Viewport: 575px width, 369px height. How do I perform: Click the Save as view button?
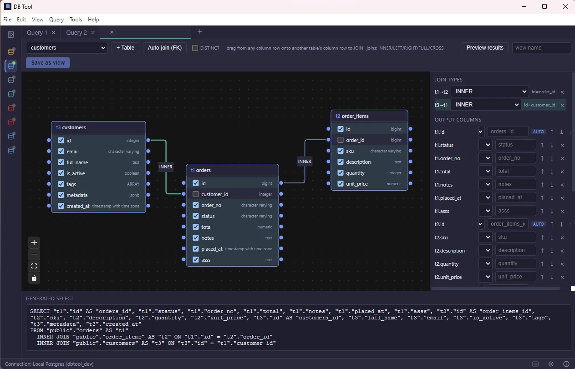[48, 63]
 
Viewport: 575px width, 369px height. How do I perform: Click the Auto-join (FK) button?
[164, 48]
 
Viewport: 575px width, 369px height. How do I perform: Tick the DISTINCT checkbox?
[195, 48]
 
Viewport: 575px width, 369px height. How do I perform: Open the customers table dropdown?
[67, 48]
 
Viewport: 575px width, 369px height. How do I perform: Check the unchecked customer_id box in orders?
[196, 194]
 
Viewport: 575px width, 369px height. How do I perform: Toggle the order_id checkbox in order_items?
[341, 140]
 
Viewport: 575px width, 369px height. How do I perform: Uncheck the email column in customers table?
[61, 152]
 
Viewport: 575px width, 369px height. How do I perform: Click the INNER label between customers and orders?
[166, 167]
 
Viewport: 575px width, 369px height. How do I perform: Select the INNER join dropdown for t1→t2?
[490, 91]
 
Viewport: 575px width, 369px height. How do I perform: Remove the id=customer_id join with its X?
[562, 105]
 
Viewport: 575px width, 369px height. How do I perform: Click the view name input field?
[542, 48]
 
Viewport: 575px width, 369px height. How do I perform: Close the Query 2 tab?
[93, 33]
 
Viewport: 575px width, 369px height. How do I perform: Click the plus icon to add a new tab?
[200, 31]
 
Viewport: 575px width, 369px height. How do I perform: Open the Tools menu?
[76, 20]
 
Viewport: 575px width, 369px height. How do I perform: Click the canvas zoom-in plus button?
[34, 243]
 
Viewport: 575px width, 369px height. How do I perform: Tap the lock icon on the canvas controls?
[34, 278]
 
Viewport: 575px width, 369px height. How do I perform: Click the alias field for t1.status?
[515, 145]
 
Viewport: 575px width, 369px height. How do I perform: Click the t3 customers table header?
[99, 127]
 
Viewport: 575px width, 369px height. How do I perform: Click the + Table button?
[125, 48]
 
